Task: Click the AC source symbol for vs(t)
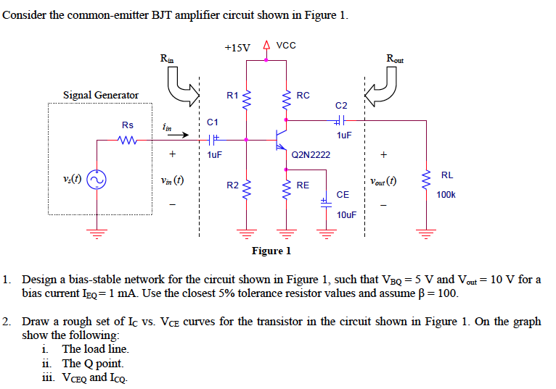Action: (x=96, y=179)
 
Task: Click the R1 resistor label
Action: (x=232, y=95)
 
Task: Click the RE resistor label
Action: (x=303, y=185)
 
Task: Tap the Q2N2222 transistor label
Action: (x=311, y=154)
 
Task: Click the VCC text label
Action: (x=287, y=46)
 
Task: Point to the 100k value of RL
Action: (x=446, y=194)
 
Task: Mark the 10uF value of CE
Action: (x=347, y=215)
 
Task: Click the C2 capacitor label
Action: (x=342, y=106)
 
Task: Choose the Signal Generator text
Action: (x=101, y=95)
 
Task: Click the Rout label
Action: (x=395, y=58)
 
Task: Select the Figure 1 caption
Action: (x=271, y=251)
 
